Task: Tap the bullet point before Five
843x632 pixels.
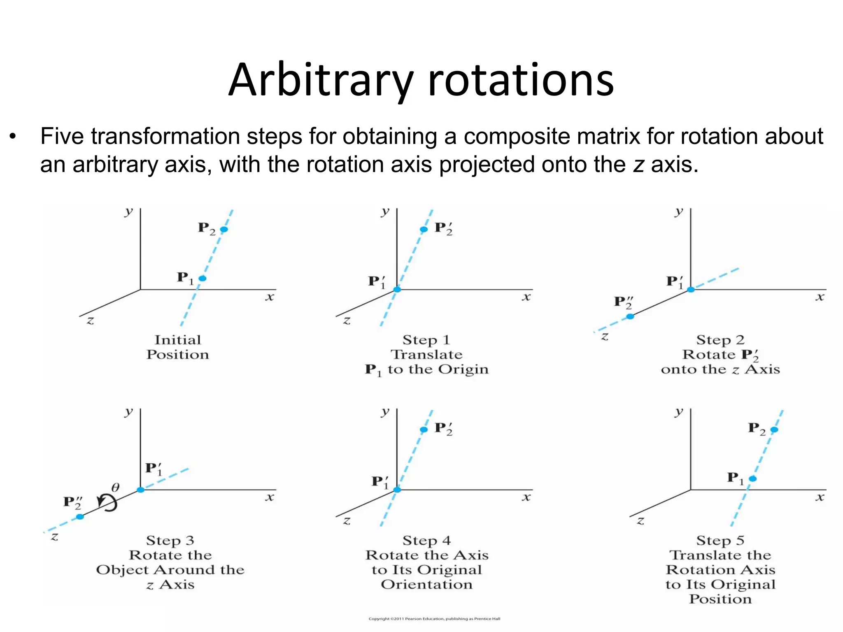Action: tap(13, 137)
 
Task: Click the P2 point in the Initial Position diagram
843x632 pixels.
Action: tap(224, 229)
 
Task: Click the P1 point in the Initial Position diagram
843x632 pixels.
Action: tap(202, 279)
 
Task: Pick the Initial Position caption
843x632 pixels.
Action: tap(178, 347)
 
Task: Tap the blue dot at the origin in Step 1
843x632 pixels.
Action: tap(397, 290)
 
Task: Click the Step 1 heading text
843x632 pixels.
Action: tap(426, 340)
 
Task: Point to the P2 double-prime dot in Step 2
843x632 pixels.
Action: tap(630, 316)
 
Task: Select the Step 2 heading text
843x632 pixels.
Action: tap(720, 340)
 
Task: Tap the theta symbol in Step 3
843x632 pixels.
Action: tap(116, 488)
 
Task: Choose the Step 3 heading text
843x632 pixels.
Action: tap(170, 540)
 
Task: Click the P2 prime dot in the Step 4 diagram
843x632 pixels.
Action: tap(424, 430)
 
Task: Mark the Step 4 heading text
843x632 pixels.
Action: tap(426, 540)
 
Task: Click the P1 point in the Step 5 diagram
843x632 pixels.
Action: tap(752, 479)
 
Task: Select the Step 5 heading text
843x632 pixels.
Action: tap(720, 540)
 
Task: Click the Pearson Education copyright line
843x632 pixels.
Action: tap(434, 619)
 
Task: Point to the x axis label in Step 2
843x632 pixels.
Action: tap(820, 297)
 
